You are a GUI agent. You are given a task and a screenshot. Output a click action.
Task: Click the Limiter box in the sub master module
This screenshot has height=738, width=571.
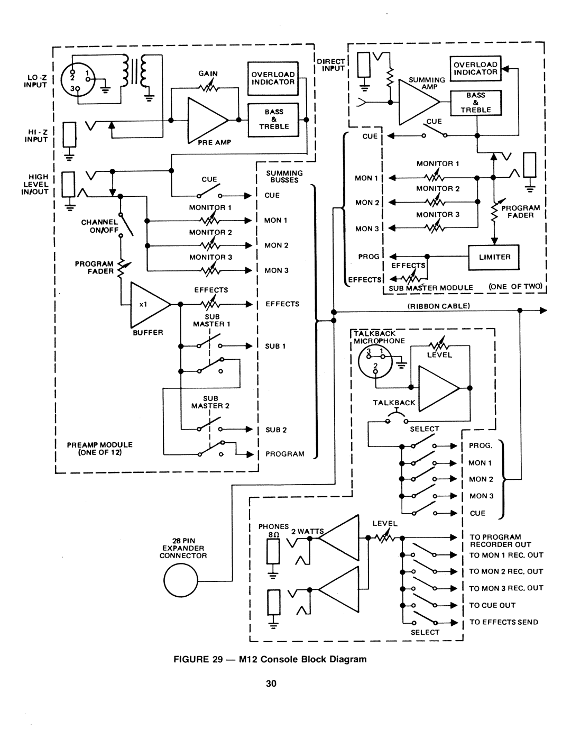click(x=494, y=257)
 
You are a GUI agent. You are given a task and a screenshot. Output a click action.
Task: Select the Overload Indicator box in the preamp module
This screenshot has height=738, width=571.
click(x=273, y=78)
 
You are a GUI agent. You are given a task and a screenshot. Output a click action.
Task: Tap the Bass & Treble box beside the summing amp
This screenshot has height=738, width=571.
click(x=475, y=103)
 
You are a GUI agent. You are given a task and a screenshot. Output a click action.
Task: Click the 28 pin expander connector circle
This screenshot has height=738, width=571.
click(x=180, y=582)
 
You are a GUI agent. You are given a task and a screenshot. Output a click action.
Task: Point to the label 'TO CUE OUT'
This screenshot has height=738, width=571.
click(x=492, y=605)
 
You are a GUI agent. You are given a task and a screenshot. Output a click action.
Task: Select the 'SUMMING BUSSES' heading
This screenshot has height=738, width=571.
click(x=284, y=176)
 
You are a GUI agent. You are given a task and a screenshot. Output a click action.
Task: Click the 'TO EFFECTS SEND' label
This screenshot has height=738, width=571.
click(x=503, y=622)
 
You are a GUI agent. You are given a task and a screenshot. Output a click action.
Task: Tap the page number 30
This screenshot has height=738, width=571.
click(x=271, y=684)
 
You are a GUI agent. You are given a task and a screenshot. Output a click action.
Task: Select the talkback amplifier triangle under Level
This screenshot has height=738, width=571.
click(x=438, y=388)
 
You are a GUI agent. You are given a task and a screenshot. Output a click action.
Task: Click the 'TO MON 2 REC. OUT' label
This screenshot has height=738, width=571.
click(x=506, y=571)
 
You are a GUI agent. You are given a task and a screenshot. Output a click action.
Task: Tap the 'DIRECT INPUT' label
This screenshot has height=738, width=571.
click(x=331, y=65)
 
